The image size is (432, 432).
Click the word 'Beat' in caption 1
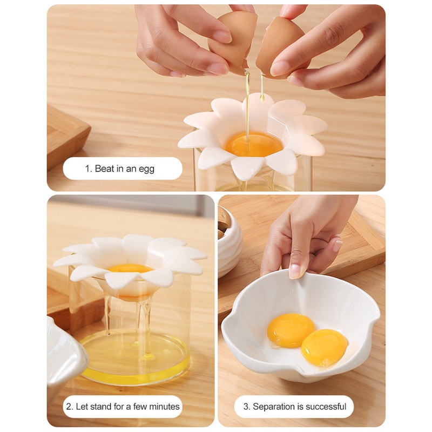pyautogui.click(x=104, y=169)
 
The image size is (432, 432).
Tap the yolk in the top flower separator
pyautogui.click(x=254, y=144)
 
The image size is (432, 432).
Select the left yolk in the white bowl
pyautogui.click(x=291, y=330)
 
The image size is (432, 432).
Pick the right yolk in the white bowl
pyautogui.click(x=323, y=347)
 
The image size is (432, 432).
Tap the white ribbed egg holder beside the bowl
pyautogui.click(x=229, y=243)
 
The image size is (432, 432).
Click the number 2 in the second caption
pyautogui.click(x=69, y=407)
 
